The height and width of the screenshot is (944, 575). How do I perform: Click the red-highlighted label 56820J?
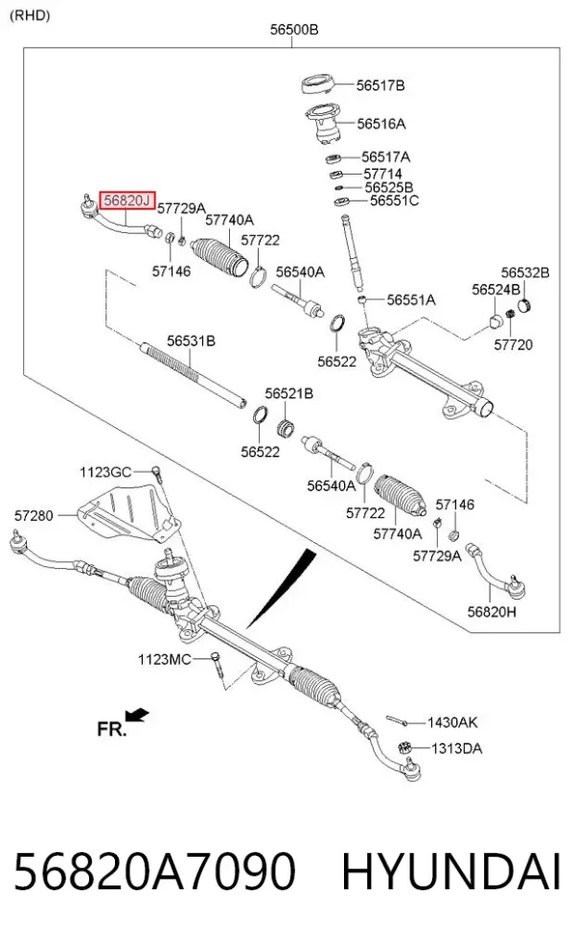point(126,200)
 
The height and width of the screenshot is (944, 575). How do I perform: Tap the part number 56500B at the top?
point(293,29)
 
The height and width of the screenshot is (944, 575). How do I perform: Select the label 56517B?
point(380,85)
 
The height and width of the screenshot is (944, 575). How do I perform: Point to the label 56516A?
point(380,124)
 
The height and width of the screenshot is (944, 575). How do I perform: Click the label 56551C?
point(394,201)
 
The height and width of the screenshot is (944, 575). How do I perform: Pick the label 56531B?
point(191,341)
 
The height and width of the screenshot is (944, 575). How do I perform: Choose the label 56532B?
point(525,272)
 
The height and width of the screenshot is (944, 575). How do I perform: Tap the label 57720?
point(513,345)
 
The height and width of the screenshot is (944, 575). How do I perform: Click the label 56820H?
point(492,612)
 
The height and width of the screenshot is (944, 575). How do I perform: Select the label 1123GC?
point(105,472)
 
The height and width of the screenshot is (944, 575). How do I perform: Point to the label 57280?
point(34,516)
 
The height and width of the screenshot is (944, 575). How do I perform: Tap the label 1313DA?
point(456,749)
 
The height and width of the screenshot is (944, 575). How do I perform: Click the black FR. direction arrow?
point(137,715)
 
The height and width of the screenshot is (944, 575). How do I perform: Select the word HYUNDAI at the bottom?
point(451,871)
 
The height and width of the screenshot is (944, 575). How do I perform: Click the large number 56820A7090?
point(154,871)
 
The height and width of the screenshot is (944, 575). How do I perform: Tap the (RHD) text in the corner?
point(30,15)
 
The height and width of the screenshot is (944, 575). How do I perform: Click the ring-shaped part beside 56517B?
point(318,83)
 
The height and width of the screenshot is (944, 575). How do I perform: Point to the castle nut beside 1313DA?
point(404,748)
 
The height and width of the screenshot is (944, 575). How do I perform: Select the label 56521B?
point(288,393)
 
